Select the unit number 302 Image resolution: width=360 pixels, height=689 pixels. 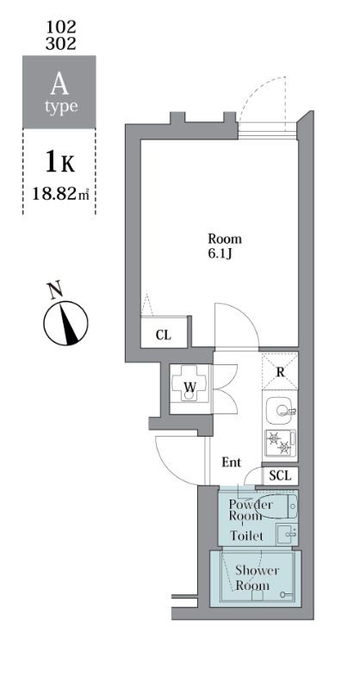coord(60,42)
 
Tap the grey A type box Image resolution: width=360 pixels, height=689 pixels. coord(59,93)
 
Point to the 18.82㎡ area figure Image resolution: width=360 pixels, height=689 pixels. coord(59,195)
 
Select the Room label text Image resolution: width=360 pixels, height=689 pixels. coord(225,239)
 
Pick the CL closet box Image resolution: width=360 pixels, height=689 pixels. coord(163,334)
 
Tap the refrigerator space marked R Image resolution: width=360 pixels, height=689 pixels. coord(281,371)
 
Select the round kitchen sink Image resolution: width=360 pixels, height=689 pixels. coord(280,409)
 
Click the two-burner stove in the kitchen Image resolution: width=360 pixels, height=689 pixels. coord(280,442)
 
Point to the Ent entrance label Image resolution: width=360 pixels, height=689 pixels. coord(232,462)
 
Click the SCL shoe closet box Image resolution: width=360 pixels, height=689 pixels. coord(281,475)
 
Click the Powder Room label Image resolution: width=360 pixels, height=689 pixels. coord(251,509)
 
